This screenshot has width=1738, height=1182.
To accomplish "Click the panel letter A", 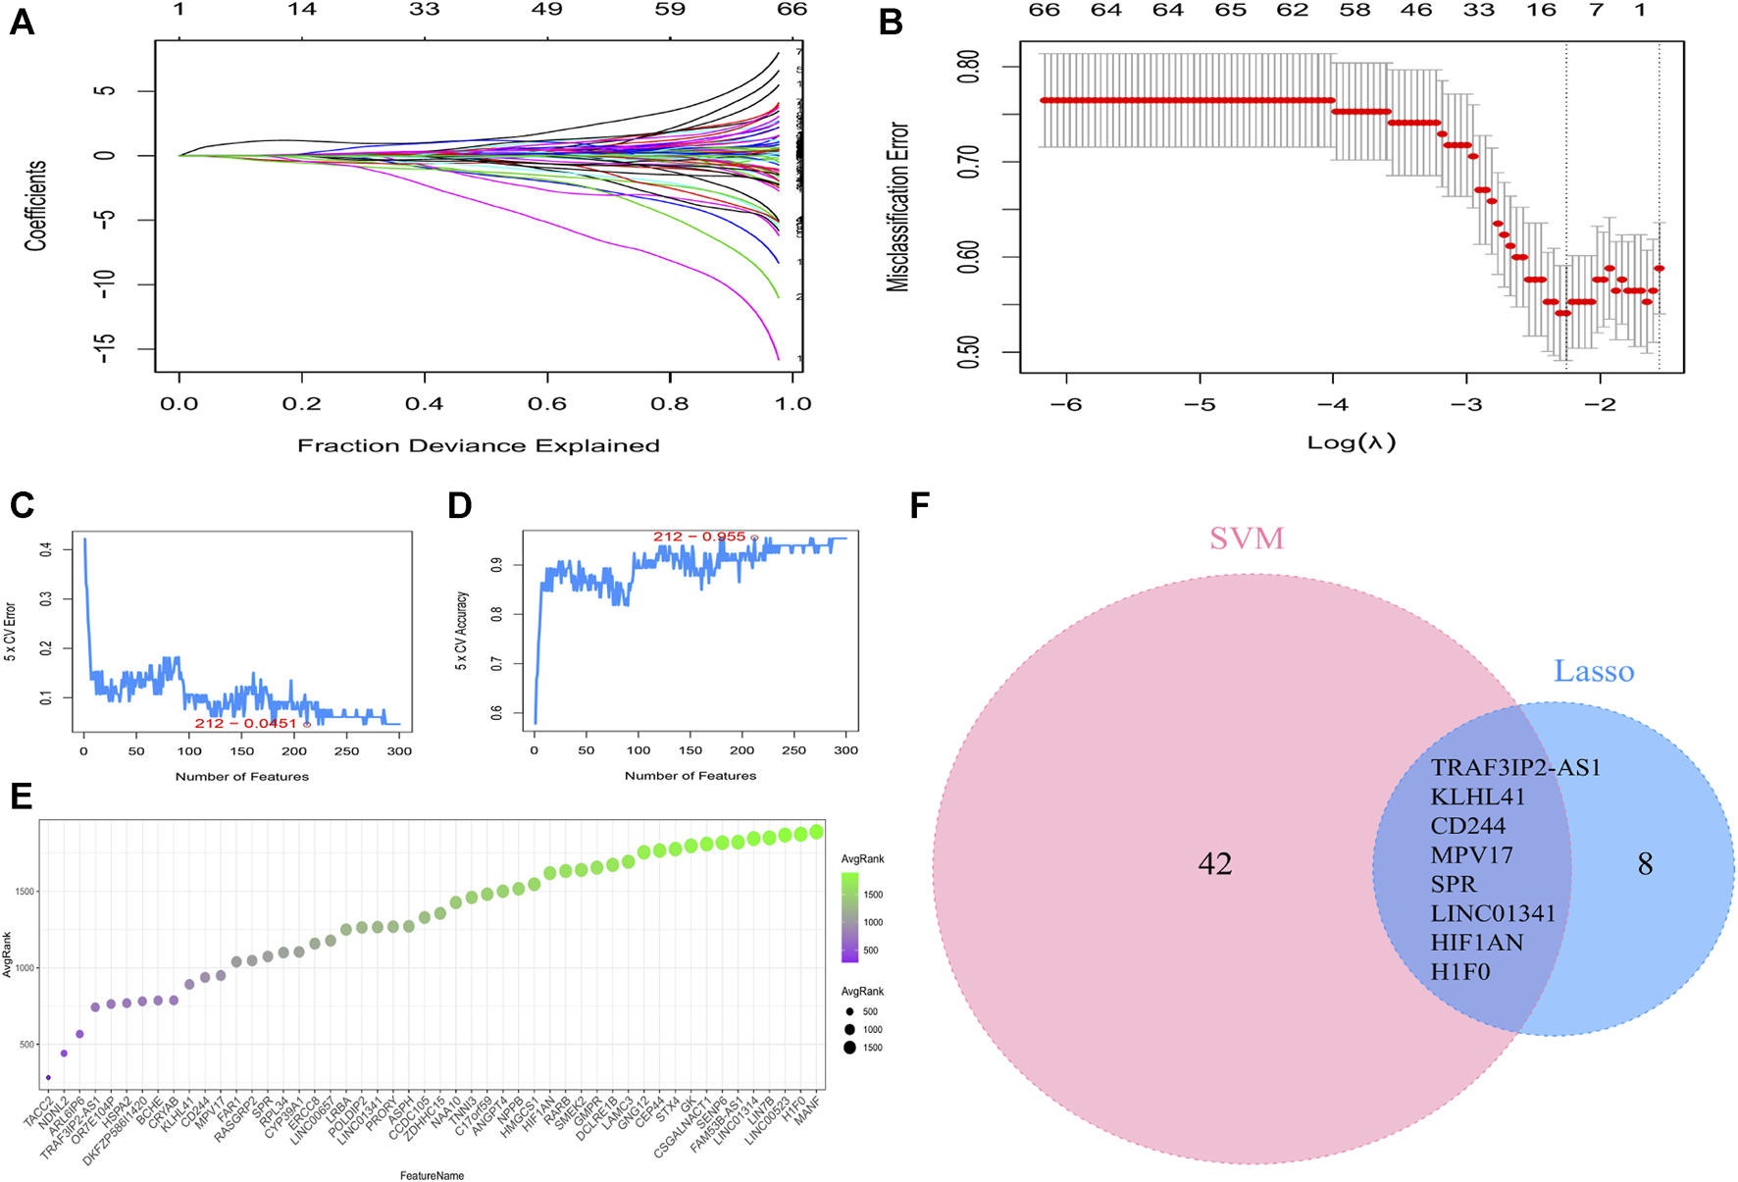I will [x=22, y=22].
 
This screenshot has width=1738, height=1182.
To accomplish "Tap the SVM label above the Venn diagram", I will [x=1247, y=539].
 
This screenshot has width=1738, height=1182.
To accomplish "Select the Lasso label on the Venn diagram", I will [x=1594, y=672].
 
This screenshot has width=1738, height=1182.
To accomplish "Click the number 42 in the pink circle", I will [x=1215, y=863].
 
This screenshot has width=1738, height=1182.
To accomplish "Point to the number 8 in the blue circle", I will [x=1645, y=864].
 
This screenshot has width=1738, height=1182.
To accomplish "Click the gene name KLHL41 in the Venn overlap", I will [x=1478, y=797].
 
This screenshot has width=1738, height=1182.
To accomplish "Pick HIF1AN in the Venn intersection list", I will [x=1477, y=943].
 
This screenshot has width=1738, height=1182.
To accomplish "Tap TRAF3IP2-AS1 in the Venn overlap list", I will [x=1515, y=767].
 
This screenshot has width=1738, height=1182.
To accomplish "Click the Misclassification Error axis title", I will [x=897, y=207].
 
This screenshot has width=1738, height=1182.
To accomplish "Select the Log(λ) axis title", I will [x=1352, y=442].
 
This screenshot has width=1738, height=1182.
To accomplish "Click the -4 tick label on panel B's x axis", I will [x=1332, y=404].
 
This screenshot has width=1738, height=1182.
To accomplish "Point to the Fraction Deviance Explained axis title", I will [x=479, y=446].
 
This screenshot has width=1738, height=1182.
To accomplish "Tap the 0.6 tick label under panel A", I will [x=547, y=404].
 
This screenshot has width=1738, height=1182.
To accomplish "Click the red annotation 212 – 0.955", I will [x=700, y=537].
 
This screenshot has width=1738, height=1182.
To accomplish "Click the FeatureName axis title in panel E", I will [x=432, y=1175].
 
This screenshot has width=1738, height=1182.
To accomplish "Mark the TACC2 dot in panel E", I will [x=48, y=1077].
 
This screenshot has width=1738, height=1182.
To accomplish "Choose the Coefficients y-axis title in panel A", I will [x=35, y=207].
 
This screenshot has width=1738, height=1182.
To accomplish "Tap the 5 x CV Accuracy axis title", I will [x=461, y=631].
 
